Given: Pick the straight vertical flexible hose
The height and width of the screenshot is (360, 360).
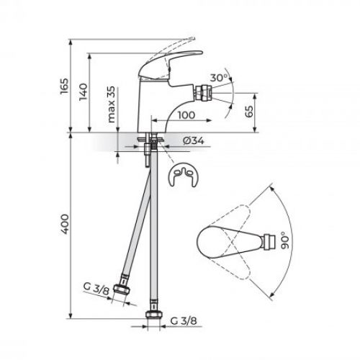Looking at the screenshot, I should pos(153,238).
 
